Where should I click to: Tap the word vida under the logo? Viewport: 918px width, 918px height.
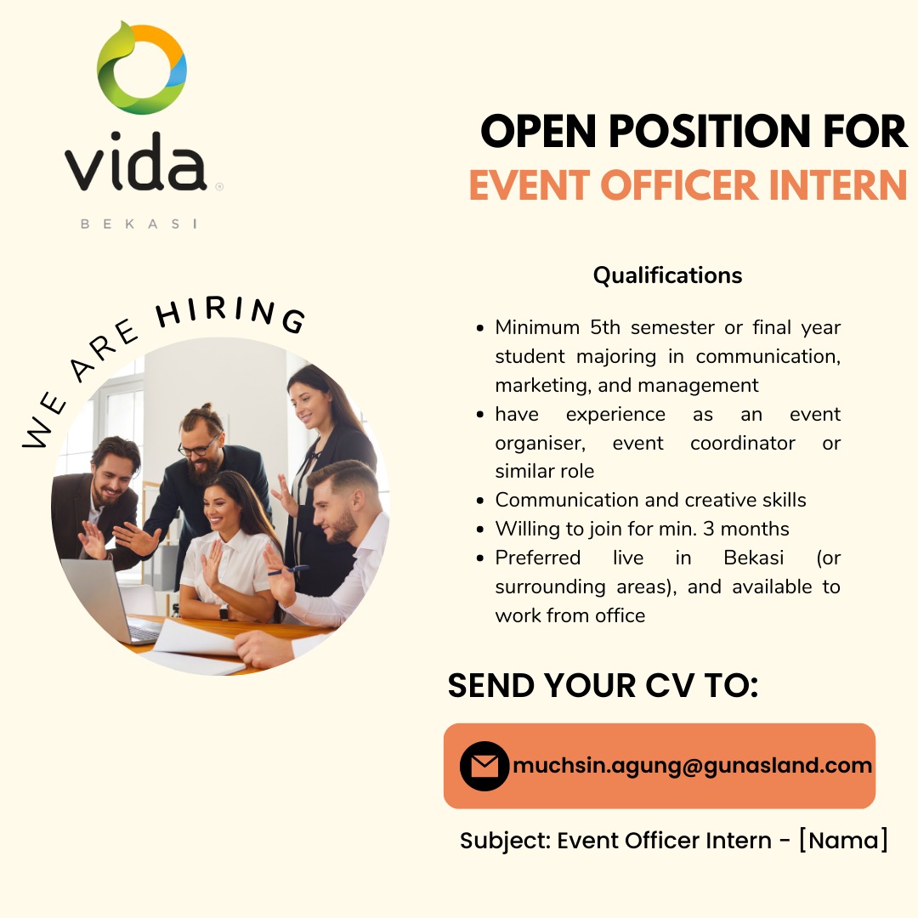[x=136, y=161]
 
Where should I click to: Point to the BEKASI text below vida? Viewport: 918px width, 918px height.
[x=139, y=224]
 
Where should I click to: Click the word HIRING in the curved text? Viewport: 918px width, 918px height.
[x=230, y=314]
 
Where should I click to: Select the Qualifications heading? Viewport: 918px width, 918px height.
[x=667, y=275]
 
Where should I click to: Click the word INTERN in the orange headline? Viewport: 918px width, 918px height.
[x=837, y=185]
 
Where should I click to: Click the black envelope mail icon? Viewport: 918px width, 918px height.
[x=484, y=766]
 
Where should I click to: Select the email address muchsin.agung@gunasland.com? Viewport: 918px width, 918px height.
[x=693, y=766]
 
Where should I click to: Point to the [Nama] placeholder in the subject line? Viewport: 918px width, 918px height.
[x=844, y=840]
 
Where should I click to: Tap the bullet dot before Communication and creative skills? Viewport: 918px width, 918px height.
[x=480, y=501]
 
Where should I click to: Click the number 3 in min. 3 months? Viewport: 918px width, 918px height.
[x=708, y=529]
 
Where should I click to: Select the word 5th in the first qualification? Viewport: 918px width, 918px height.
[x=605, y=326]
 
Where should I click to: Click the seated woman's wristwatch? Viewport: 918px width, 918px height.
[x=224, y=612]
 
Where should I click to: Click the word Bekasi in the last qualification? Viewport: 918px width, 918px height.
[x=753, y=558]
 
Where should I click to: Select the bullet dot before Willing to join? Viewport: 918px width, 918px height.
[x=480, y=530]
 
